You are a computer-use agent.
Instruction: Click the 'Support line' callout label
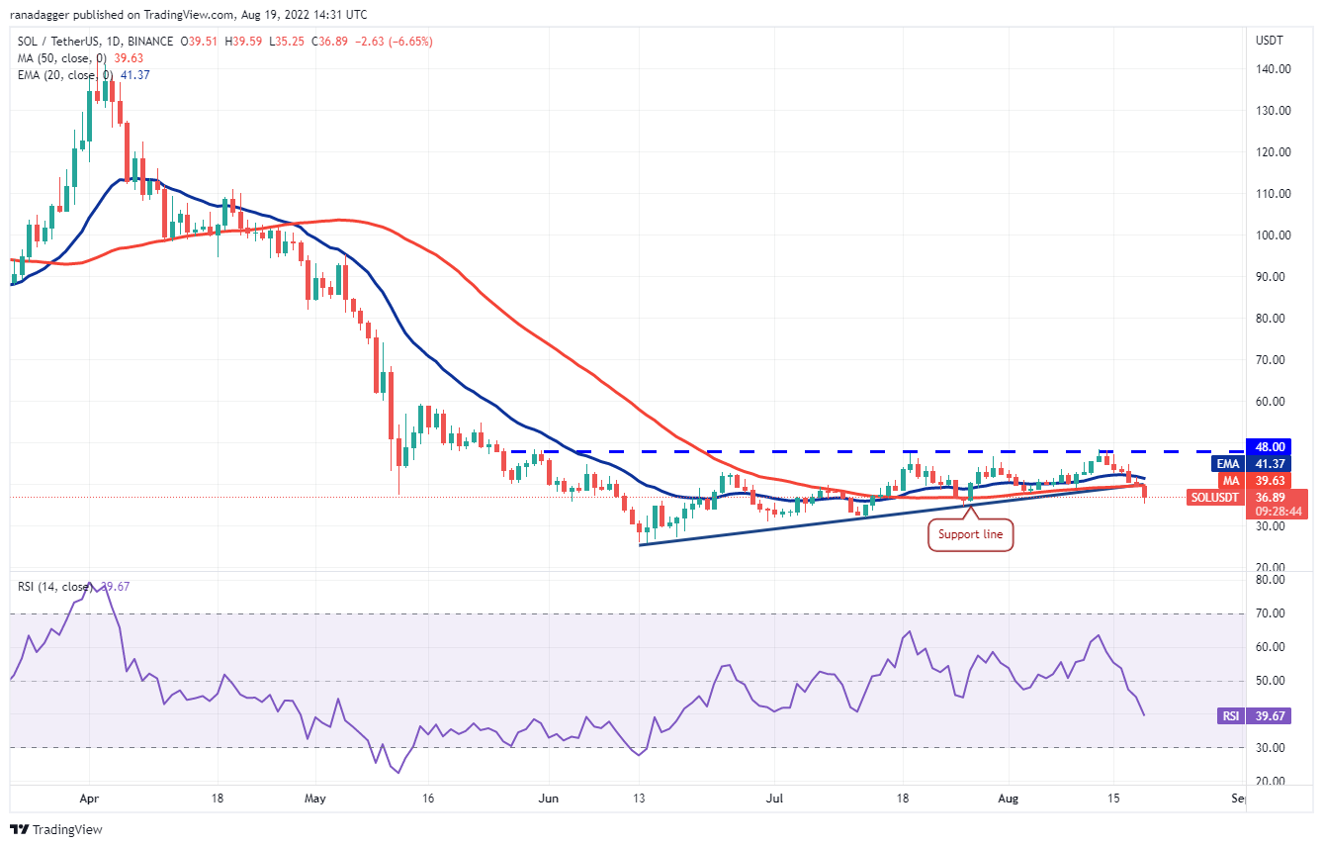(x=970, y=535)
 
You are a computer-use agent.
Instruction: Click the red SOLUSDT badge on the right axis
(x=1215, y=497)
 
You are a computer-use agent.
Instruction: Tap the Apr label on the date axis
(x=89, y=797)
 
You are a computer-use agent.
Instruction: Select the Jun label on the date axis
(x=548, y=797)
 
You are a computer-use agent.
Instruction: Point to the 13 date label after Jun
(x=640, y=797)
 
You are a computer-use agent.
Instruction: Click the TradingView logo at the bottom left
(x=57, y=829)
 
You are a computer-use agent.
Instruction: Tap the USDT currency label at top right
(x=1270, y=42)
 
